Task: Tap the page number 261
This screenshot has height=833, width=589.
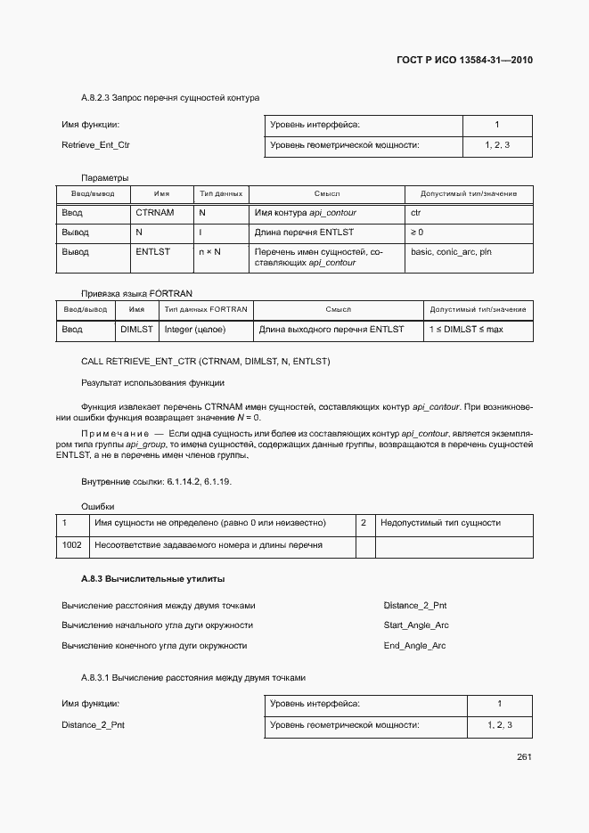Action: coord(524,757)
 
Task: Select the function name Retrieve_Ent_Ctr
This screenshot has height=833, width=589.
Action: coord(89,144)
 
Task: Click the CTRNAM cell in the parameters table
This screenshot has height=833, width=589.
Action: coord(154,213)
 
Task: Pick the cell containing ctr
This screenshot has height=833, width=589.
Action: coord(415,213)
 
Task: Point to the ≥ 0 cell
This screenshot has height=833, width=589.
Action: coord(417,233)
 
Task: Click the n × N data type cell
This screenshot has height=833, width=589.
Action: coord(209,252)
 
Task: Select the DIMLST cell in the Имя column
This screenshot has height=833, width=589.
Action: coord(136,329)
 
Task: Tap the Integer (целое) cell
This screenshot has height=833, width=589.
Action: coord(195,329)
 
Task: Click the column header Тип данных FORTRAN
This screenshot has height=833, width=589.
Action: coord(205,310)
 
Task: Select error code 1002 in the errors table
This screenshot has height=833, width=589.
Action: coord(71,544)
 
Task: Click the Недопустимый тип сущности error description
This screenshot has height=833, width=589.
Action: coord(440,523)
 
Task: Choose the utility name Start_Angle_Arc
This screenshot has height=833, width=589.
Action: coord(416,625)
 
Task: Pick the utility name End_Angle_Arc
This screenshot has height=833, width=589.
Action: coord(414,645)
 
